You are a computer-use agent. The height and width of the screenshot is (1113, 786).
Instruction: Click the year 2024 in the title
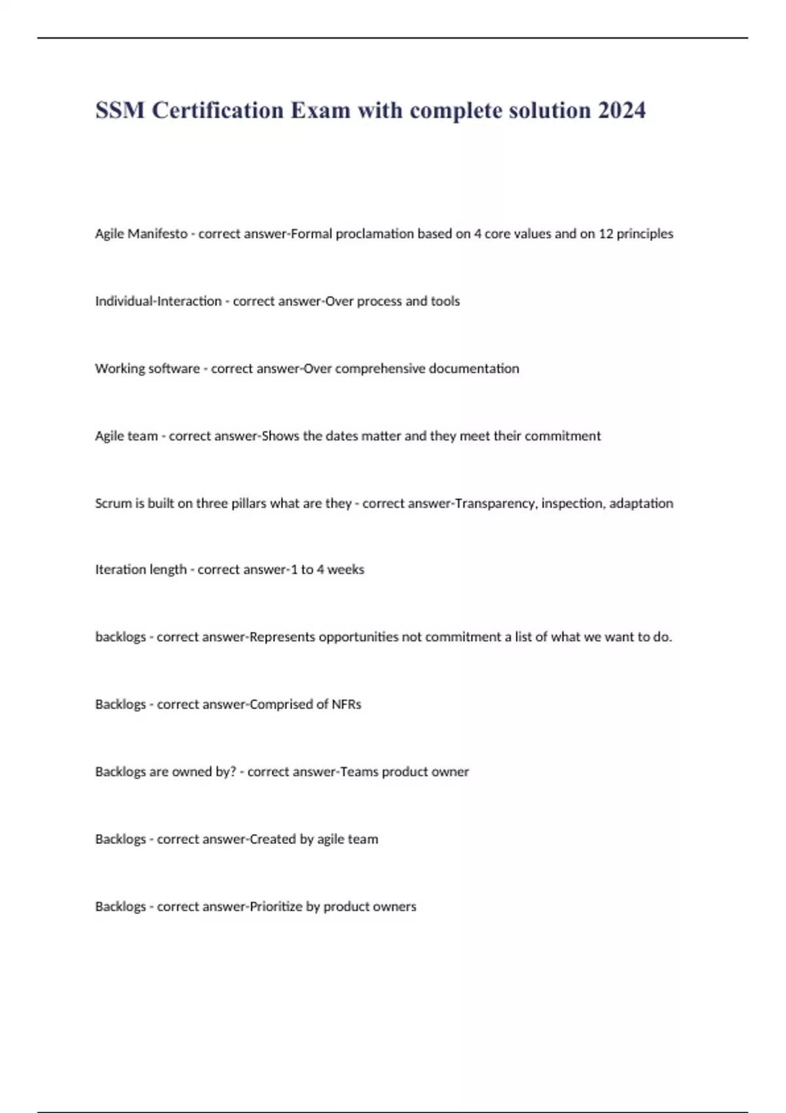(x=621, y=110)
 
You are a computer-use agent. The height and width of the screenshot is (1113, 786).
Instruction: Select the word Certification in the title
(x=218, y=110)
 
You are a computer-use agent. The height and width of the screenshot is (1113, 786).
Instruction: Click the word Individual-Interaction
(x=158, y=301)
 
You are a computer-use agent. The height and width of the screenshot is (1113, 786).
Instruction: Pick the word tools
(x=445, y=301)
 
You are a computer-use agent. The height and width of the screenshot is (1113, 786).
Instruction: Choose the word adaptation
(x=641, y=503)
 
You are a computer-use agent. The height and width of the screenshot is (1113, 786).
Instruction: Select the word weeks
(x=345, y=570)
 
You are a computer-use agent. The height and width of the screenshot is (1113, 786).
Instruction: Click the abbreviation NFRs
(x=346, y=704)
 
